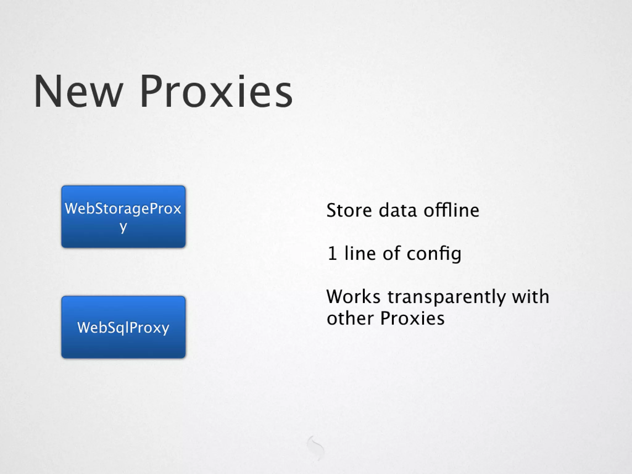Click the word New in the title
point(78,92)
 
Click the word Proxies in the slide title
point(216,92)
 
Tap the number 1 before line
point(332,254)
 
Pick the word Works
point(353,297)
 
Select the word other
point(350,318)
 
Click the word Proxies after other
point(412,318)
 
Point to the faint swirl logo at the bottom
point(315,447)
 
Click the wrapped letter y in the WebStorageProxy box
point(123,227)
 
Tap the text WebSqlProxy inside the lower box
point(123,327)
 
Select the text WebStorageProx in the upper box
point(123,209)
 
